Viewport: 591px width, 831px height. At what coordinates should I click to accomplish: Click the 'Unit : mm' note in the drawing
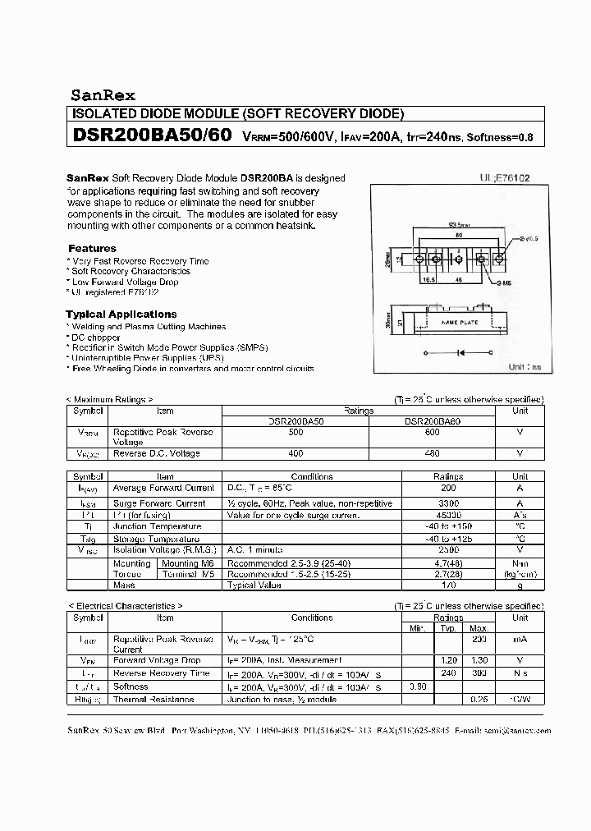(525, 367)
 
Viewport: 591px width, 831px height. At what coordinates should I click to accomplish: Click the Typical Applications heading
(121, 314)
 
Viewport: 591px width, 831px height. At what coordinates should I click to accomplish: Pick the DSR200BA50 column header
(296, 421)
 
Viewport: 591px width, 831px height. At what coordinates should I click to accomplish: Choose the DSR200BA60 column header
(432, 421)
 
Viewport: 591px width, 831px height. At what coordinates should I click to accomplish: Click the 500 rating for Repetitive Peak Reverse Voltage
(296, 432)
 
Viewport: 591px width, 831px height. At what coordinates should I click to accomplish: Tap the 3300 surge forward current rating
(448, 503)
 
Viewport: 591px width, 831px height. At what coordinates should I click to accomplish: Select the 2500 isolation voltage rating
(448, 549)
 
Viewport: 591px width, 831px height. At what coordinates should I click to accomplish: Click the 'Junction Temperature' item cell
(157, 526)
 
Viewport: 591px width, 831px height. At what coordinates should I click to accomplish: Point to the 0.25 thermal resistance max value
(479, 699)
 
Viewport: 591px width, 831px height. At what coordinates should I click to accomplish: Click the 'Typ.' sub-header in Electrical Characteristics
(447, 628)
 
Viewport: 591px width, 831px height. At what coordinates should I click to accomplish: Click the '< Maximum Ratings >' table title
(109, 399)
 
